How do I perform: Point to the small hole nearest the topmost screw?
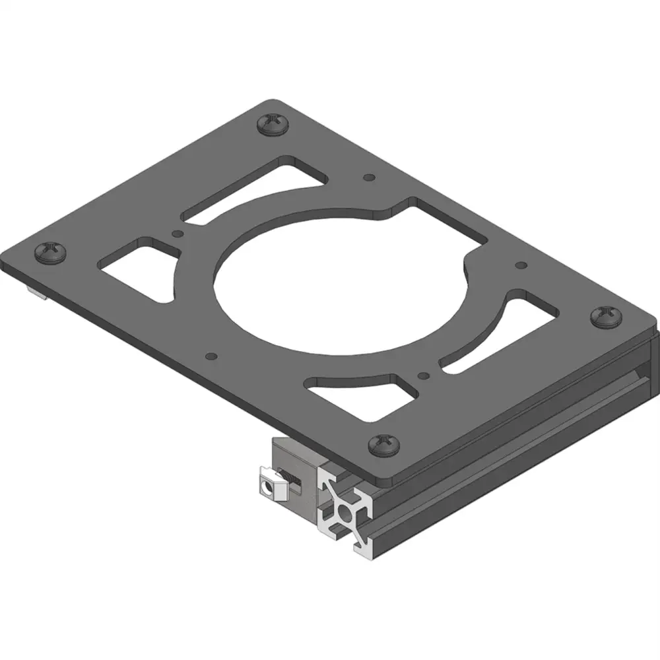[x=369, y=178]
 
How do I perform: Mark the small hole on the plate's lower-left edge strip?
[x=211, y=356]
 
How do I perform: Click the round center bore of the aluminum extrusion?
[x=345, y=513]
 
